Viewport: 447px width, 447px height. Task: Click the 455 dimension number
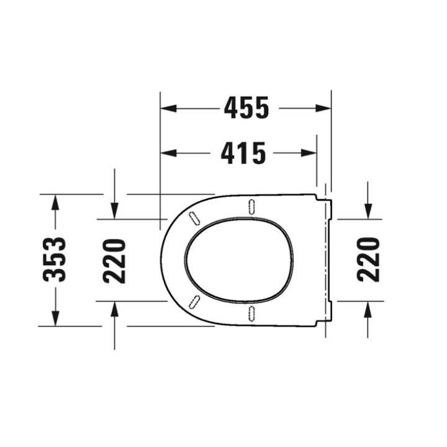coord(246,108)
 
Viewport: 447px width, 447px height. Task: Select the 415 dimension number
coord(243,153)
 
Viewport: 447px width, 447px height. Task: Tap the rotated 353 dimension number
coord(55,260)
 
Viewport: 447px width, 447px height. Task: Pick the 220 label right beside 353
coord(115,260)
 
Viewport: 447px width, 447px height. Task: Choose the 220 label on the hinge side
coord(368,259)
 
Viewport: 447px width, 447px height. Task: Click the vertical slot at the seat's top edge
coord(251,207)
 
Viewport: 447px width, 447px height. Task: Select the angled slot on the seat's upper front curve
coord(194,216)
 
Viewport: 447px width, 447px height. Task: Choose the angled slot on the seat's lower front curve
coord(194,302)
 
